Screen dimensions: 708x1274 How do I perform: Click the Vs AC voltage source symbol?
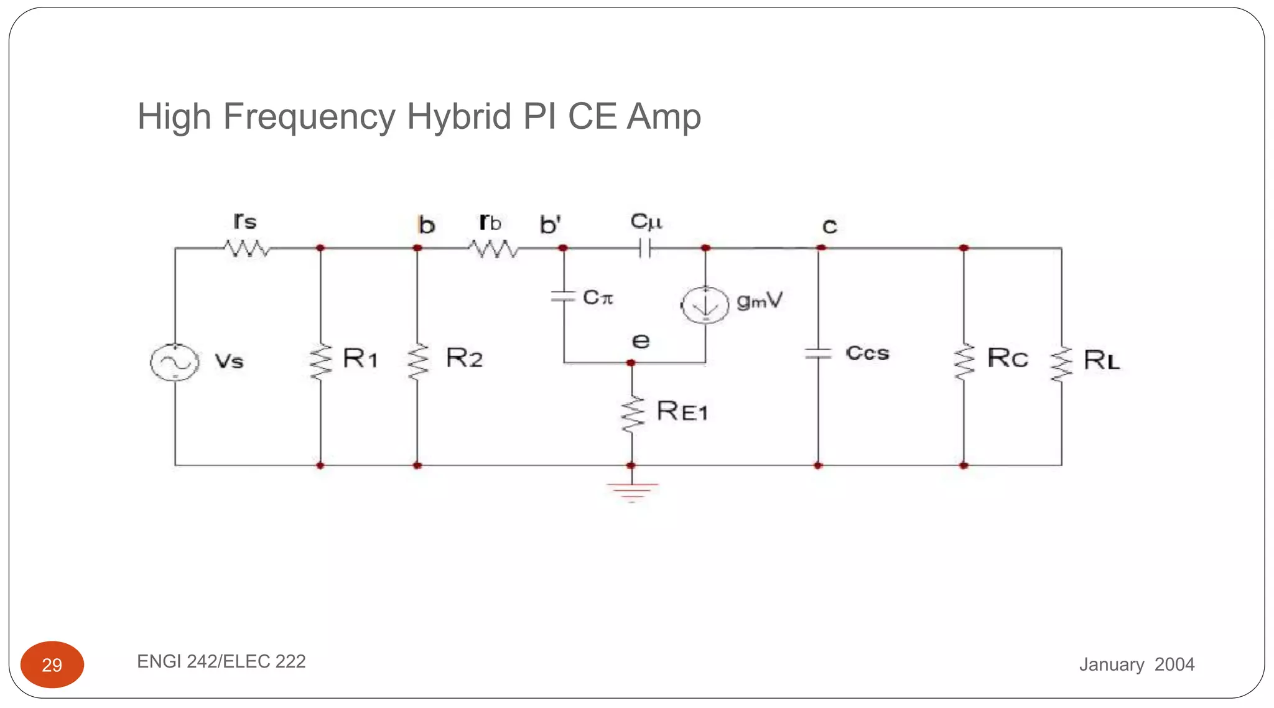[175, 362]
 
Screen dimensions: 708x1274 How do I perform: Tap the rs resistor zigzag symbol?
[247, 249]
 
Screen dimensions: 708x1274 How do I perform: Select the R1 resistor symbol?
[321, 361]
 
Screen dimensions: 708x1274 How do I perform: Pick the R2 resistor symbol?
[418, 361]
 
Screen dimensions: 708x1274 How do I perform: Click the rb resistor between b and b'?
[493, 249]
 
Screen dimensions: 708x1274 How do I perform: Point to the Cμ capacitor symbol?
[645, 249]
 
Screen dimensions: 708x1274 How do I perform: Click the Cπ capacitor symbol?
[564, 297]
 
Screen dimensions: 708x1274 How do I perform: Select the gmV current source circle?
[705, 305]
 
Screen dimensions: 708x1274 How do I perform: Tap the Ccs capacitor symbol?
[818, 354]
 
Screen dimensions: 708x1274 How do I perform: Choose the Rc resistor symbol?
[964, 361]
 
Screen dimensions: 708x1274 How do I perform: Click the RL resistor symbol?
[1061, 364]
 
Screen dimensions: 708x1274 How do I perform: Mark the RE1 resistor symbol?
[632, 414]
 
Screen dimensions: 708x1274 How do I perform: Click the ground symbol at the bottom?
[632, 491]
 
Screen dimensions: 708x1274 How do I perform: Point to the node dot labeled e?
[631, 363]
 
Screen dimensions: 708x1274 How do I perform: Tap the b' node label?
[551, 225]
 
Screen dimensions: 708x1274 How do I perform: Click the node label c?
[829, 226]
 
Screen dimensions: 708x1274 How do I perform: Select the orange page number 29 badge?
[52, 664]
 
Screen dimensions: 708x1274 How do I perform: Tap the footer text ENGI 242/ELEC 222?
[221, 661]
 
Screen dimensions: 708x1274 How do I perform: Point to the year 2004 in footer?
[1174, 664]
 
